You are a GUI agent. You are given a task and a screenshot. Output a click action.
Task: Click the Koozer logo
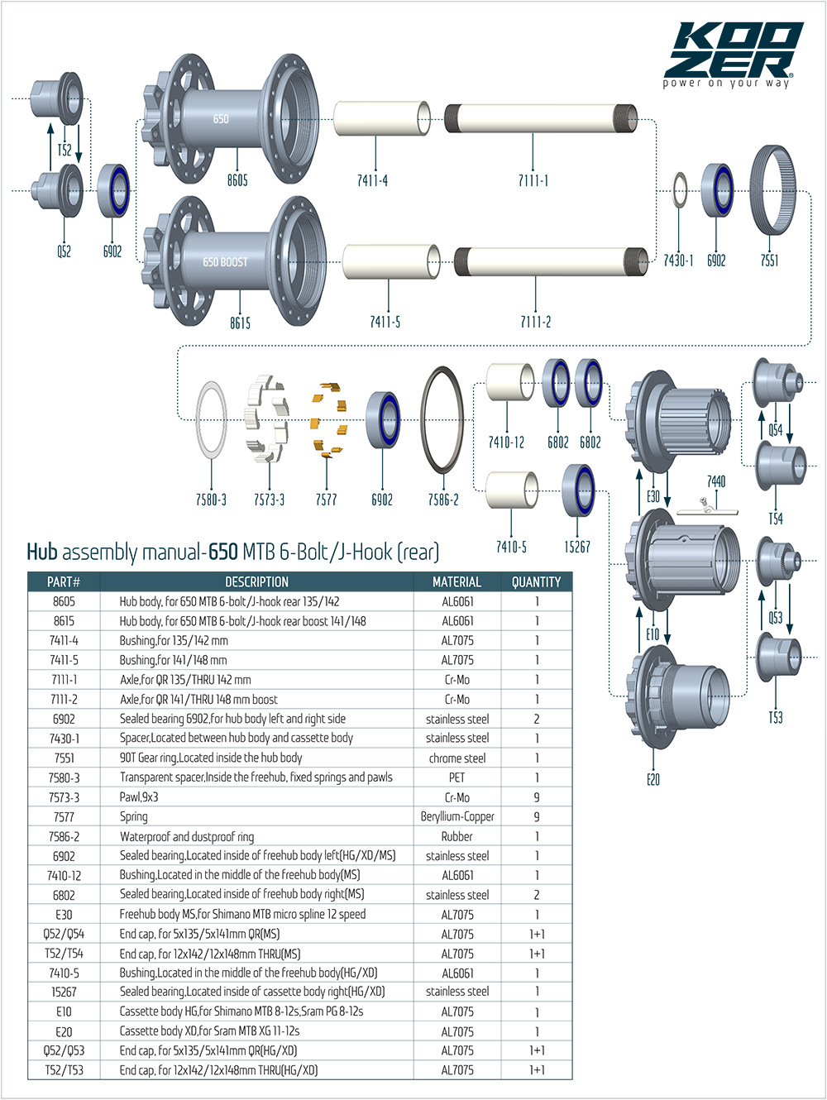pyautogui.click(x=733, y=54)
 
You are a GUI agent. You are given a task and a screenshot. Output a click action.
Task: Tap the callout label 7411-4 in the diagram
pyautogui.click(x=372, y=180)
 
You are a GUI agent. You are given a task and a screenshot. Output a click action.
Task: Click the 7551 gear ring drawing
pyautogui.click(x=772, y=189)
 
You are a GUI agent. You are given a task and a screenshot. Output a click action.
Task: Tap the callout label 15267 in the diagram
pyautogui.click(x=576, y=547)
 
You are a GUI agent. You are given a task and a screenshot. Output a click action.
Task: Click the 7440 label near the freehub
pyautogui.click(x=716, y=481)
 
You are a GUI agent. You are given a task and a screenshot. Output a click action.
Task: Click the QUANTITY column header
pyautogui.click(x=536, y=581)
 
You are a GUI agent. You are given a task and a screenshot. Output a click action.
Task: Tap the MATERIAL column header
pyautogui.click(x=457, y=581)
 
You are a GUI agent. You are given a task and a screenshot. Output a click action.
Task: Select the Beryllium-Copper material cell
pyautogui.click(x=457, y=816)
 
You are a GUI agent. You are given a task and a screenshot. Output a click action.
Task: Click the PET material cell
pyautogui.click(x=457, y=777)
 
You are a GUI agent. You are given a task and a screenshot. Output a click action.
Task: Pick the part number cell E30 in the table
pyautogui.click(x=64, y=914)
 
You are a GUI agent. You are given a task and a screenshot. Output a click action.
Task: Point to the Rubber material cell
pyautogui.click(x=457, y=836)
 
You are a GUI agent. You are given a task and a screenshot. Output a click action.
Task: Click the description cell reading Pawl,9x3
pyautogui.click(x=139, y=797)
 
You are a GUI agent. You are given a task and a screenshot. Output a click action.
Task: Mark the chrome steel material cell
pyautogui.click(x=457, y=758)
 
